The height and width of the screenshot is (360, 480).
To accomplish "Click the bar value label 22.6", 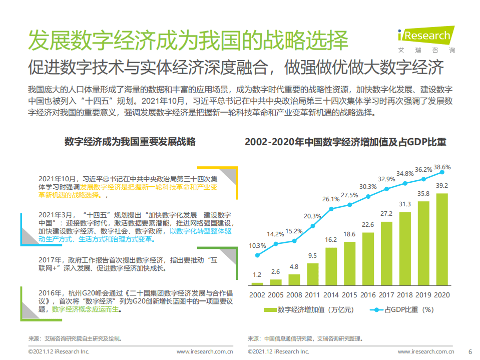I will pos(368,225).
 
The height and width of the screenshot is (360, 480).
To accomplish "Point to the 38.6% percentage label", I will pos(442,167).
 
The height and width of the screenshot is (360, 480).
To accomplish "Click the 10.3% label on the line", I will pos(257,245).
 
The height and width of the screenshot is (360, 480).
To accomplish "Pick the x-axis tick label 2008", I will pos(294,295).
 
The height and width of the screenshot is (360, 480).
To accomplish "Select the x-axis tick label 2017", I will pos(386,295).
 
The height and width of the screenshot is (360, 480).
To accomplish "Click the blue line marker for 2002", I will pos(257,255).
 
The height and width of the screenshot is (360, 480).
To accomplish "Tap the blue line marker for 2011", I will pos(313,226).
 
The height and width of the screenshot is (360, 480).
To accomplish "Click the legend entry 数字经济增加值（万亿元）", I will pos(306,309).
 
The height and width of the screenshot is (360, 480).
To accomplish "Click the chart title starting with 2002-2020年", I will pos(345,142).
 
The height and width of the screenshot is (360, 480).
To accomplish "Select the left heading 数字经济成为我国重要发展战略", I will pos(130,142).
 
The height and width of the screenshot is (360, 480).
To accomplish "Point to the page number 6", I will pos(469,351).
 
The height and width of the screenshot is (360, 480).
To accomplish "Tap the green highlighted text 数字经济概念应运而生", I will pos(86,309).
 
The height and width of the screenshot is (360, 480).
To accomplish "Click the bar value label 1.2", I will pos(257,274).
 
